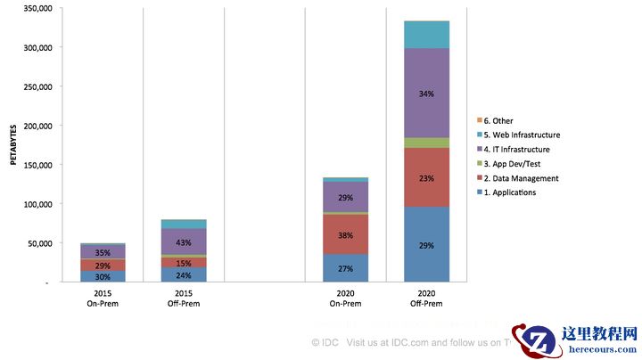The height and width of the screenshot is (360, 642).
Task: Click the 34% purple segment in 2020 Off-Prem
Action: click(x=426, y=93)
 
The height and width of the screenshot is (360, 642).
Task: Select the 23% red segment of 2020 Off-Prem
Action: click(x=426, y=177)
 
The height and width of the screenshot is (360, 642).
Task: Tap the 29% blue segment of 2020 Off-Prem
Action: click(x=426, y=244)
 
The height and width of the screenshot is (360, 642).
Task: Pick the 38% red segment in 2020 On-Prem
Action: click(x=345, y=235)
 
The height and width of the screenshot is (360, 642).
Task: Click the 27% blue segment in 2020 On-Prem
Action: click(x=345, y=268)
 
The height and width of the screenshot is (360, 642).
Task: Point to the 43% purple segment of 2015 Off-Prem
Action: click(x=183, y=241)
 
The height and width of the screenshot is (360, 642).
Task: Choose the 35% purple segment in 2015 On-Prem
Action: click(x=103, y=252)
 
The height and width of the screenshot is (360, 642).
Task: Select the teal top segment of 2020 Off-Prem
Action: click(x=426, y=34)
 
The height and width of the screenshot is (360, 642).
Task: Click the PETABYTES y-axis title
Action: click(x=12, y=145)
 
